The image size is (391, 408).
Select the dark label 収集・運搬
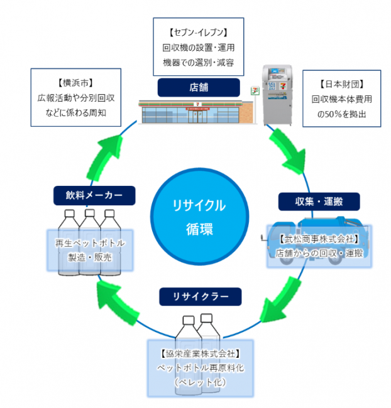[x=319, y=201]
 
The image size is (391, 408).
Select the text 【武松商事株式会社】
[x=318, y=239]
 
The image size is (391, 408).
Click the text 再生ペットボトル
[x=91, y=242]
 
